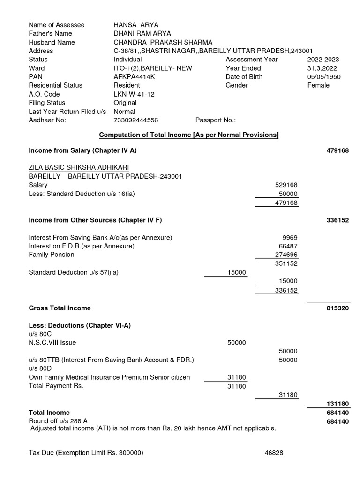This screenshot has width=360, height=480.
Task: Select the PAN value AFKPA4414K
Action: (x=133, y=77)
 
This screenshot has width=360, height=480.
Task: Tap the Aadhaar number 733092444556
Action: (x=136, y=120)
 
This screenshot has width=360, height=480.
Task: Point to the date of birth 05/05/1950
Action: (x=324, y=77)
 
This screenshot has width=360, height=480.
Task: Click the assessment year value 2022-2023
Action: (x=323, y=60)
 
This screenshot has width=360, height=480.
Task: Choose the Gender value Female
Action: (x=318, y=85)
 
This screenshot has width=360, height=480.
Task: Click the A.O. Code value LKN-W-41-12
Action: (x=134, y=94)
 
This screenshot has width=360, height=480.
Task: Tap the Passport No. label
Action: (x=215, y=120)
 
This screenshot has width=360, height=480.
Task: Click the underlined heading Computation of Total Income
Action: (x=188, y=135)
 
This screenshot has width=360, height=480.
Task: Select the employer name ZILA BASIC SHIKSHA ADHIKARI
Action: (x=79, y=167)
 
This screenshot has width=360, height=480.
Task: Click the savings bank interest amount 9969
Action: (x=290, y=238)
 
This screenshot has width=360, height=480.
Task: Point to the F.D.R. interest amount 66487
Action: (x=288, y=246)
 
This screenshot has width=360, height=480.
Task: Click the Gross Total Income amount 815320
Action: (x=337, y=308)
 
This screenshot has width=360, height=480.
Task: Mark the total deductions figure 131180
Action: (x=337, y=404)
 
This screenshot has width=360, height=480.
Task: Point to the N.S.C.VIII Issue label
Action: (x=52, y=343)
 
